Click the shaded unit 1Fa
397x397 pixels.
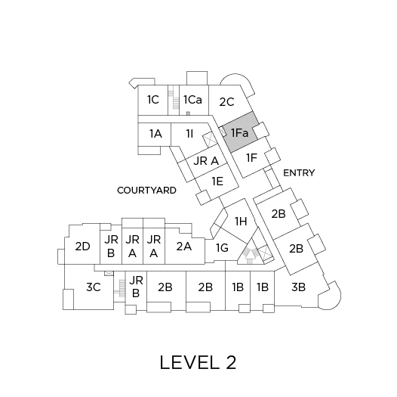click(x=240, y=132)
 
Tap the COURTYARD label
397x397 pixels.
click(x=146, y=191)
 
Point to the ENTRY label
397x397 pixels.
click(x=299, y=173)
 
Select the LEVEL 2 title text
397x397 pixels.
click(x=198, y=362)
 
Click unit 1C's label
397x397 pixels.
click(x=153, y=100)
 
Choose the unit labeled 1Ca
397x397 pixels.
click(x=192, y=100)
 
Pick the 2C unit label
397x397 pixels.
click(x=226, y=102)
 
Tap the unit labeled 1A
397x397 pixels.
click(x=155, y=134)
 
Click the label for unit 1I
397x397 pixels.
click(x=189, y=134)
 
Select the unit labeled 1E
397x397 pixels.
click(x=217, y=181)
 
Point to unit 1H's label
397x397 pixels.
click(x=241, y=222)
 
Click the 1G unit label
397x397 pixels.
click(x=222, y=248)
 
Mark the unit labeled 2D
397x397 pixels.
click(x=82, y=247)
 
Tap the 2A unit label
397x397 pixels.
click(x=184, y=247)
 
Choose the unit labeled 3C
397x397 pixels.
click(x=94, y=287)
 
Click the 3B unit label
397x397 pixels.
click(x=298, y=287)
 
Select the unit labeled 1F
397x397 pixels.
click(x=251, y=158)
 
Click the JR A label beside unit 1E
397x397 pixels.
click(x=206, y=161)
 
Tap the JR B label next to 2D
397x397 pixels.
click(x=111, y=246)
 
